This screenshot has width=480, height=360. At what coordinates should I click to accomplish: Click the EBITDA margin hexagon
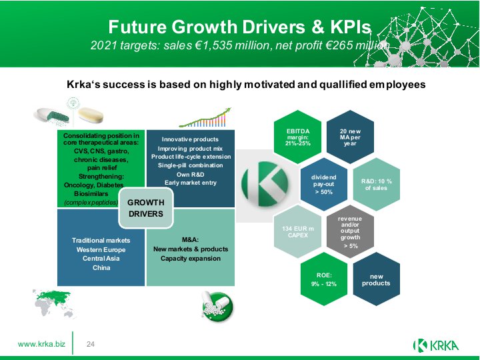click(x=297, y=137)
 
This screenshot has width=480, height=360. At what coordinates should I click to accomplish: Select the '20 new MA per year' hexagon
click(x=350, y=137)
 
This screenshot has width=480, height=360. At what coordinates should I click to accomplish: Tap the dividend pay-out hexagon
click(x=324, y=184)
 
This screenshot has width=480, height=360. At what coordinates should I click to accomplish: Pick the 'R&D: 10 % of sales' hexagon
click(x=377, y=184)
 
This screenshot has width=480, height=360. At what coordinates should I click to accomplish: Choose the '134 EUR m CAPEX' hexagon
click(x=297, y=232)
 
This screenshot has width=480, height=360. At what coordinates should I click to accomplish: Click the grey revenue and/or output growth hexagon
click(x=350, y=232)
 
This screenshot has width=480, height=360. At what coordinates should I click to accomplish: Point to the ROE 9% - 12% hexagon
click(x=324, y=279)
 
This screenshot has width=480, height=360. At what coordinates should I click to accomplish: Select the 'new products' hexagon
click(x=377, y=279)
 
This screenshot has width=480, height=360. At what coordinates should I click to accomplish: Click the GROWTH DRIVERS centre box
click(x=146, y=208)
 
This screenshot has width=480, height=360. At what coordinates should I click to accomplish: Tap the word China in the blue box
click(x=101, y=268)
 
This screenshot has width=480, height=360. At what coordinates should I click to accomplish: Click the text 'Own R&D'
click(x=191, y=175)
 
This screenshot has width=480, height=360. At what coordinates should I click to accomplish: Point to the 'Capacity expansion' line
click(x=191, y=259)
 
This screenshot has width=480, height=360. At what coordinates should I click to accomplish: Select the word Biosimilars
click(x=91, y=194)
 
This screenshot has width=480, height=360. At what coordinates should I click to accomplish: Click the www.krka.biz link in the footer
click(x=41, y=344)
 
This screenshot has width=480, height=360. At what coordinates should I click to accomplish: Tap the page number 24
click(x=91, y=345)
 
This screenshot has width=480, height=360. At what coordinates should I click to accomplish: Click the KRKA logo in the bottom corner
click(x=436, y=345)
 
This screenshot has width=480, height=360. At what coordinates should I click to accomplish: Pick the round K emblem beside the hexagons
click(x=265, y=184)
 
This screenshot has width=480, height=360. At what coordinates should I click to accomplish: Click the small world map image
click(x=54, y=304)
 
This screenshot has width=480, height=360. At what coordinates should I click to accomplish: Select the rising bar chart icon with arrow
click(x=205, y=117)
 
